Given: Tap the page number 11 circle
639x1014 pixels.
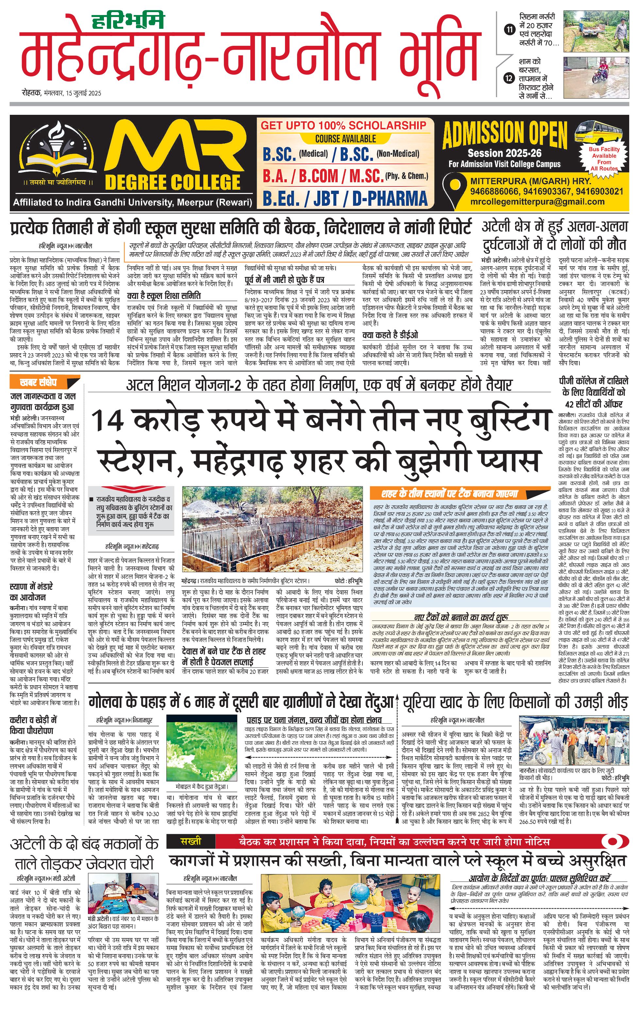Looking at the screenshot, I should click(510, 29).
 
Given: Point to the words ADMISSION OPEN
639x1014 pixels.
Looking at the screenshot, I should click(505, 134).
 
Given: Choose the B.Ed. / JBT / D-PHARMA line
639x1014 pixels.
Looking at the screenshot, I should click(345, 198).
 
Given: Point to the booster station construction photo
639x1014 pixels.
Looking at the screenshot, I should click(272, 530).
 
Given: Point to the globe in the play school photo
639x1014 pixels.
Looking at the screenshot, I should click(359, 896).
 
